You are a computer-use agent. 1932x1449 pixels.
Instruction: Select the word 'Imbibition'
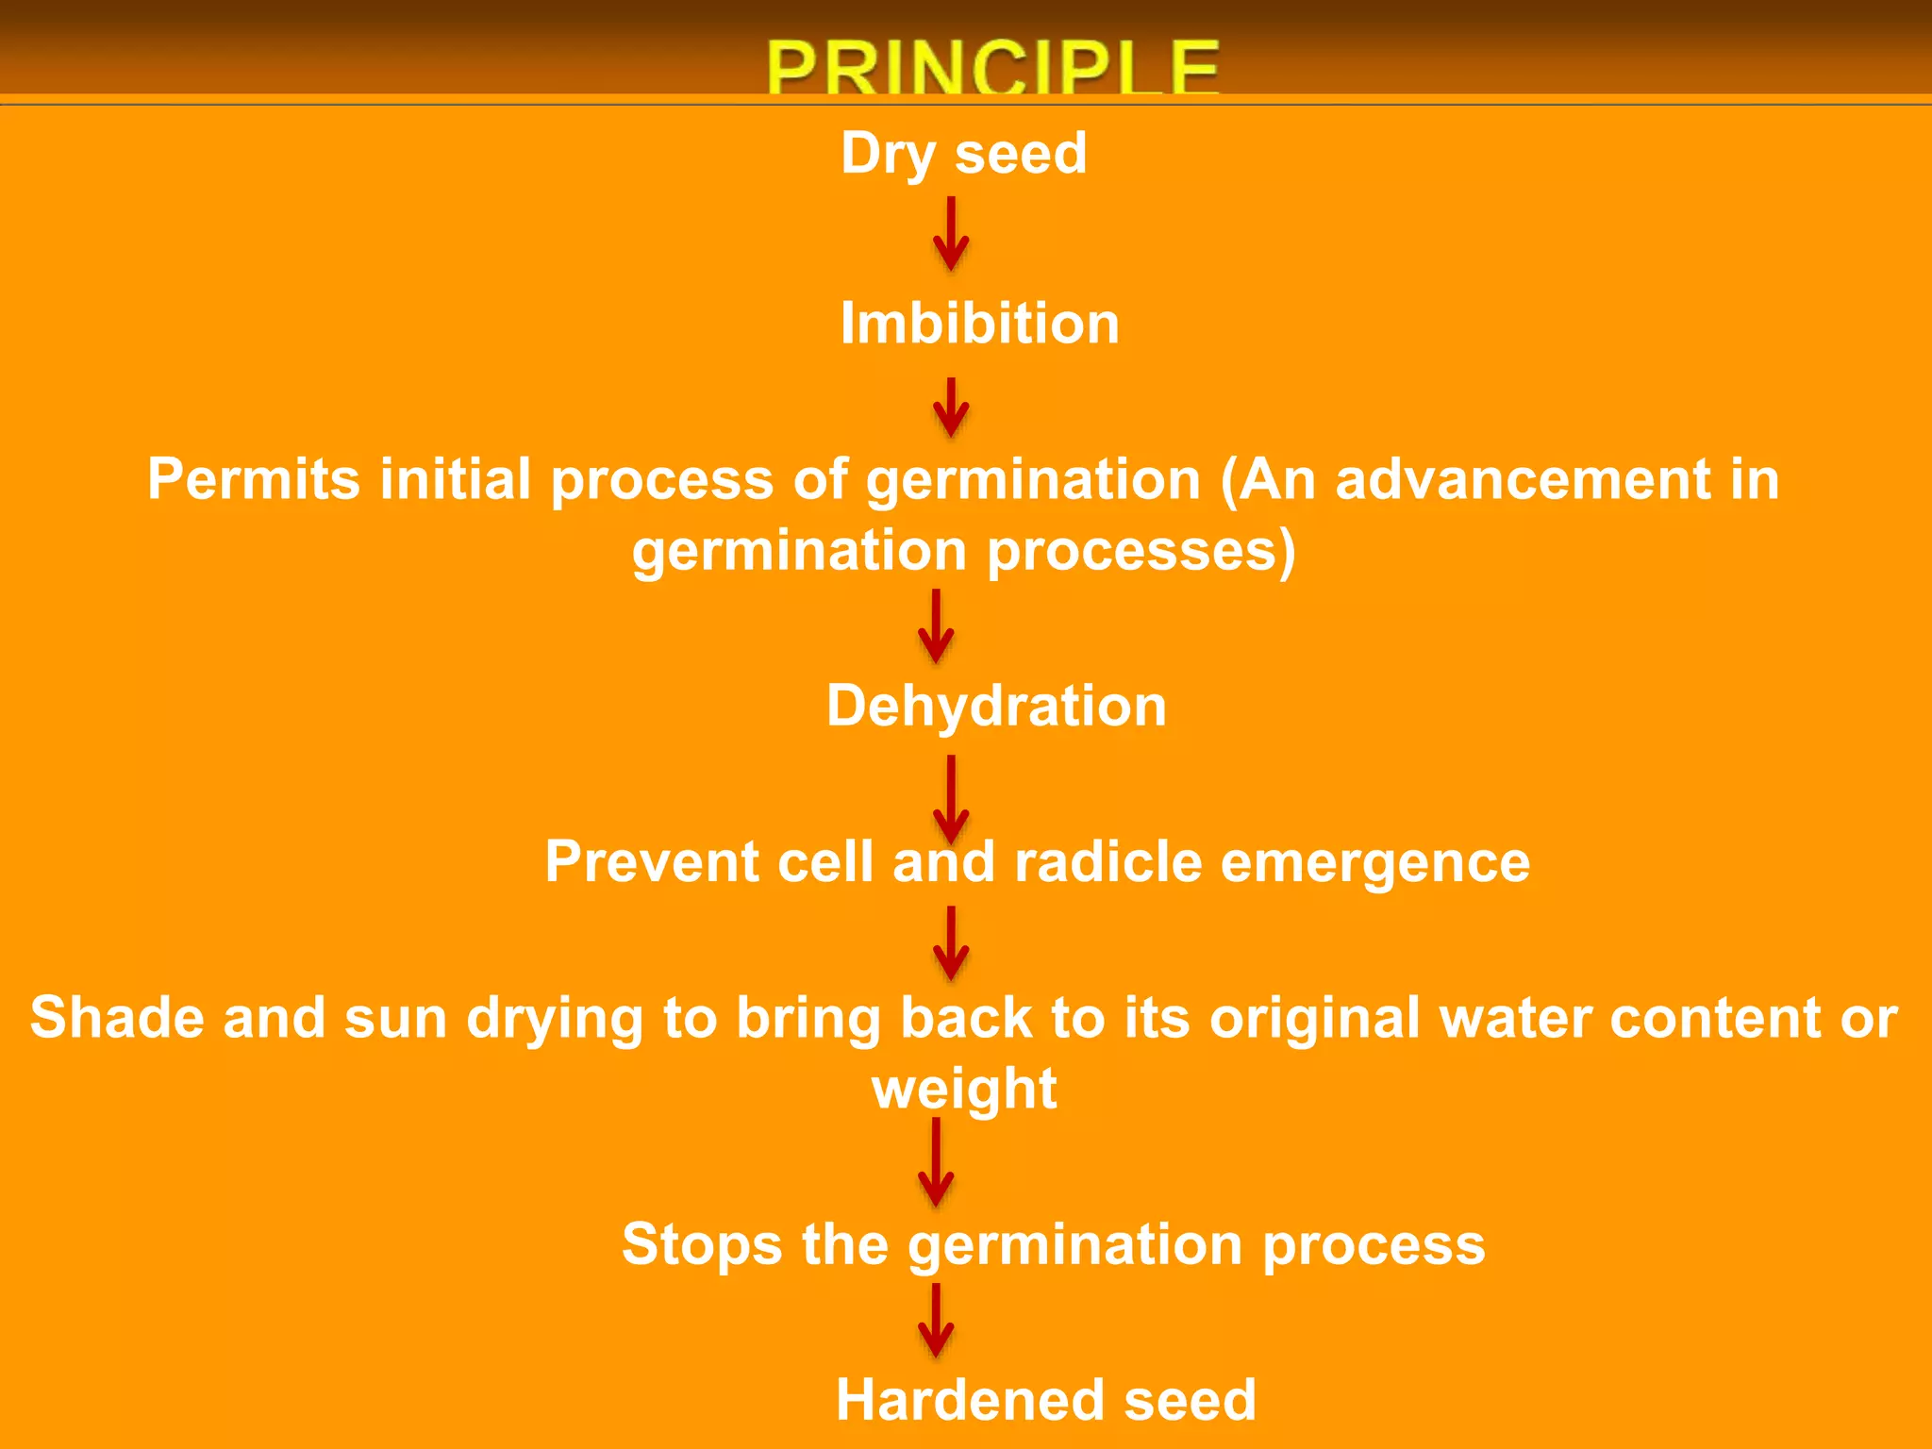click(x=979, y=324)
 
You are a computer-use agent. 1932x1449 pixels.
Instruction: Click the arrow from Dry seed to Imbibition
click(x=951, y=233)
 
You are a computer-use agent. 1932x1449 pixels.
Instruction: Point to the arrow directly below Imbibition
click(x=951, y=407)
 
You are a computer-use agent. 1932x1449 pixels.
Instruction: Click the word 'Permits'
click(x=253, y=479)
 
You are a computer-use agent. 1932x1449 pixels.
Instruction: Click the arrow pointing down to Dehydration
click(x=936, y=625)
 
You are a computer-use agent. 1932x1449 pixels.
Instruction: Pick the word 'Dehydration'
click(x=996, y=706)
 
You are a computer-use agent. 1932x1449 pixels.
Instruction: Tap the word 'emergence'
click(x=1374, y=862)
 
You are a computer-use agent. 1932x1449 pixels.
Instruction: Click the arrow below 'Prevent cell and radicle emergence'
click(x=951, y=943)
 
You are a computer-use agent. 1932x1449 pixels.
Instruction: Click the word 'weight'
click(x=964, y=1089)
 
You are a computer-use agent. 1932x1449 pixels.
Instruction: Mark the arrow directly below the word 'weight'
click(x=936, y=1162)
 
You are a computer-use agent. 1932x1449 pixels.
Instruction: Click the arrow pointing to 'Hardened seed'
click(x=936, y=1321)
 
